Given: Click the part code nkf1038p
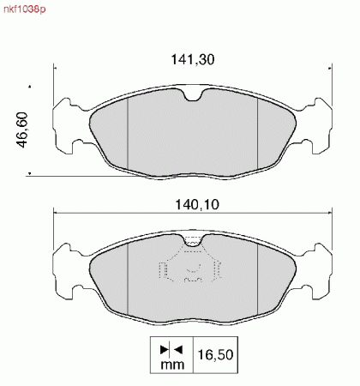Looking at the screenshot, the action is (x=24, y=9).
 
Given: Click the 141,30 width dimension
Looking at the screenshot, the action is (x=193, y=59).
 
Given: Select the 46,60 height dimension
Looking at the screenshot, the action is (x=23, y=130).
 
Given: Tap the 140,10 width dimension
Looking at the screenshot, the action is (x=197, y=204).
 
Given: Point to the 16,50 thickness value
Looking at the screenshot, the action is (x=215, y=354).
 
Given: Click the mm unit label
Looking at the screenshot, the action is (x=172, y=365).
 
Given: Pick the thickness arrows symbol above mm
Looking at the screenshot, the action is (x=171, y=349).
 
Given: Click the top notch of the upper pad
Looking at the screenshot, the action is (x=193, y=95).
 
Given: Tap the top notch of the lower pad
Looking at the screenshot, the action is (x=193, y=240).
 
